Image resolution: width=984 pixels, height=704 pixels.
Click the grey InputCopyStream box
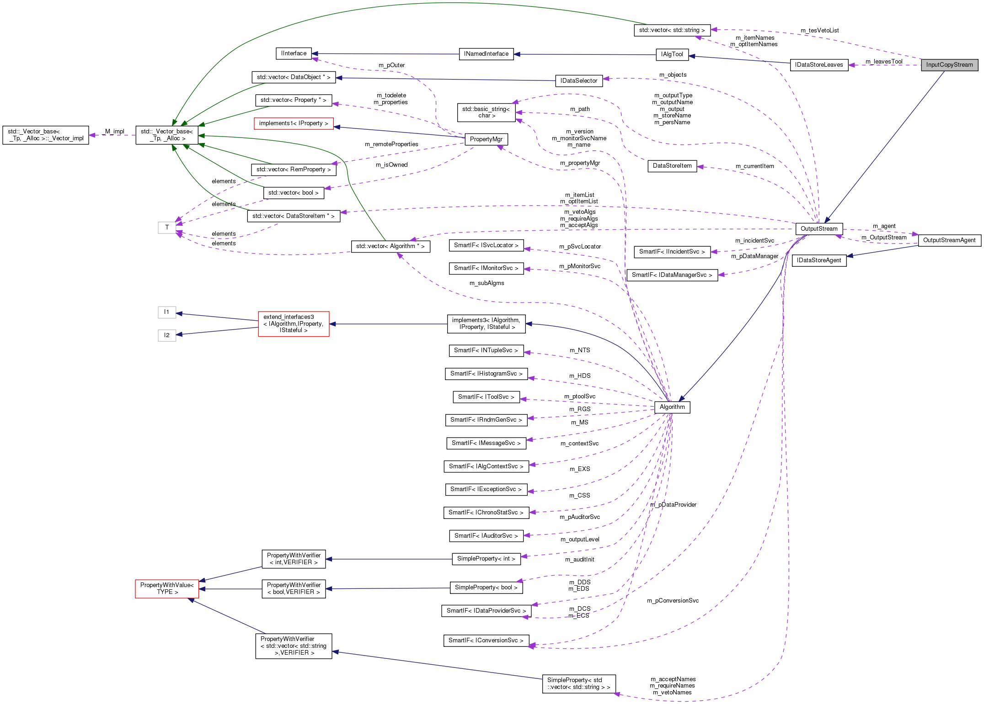click(949, 65)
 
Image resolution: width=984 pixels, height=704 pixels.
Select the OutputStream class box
click(818, 229)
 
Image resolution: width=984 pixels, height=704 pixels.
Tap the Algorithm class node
click(672, 407)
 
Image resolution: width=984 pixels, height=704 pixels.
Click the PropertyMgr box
click(486, 139)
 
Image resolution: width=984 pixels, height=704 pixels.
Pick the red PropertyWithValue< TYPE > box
click(167, 588)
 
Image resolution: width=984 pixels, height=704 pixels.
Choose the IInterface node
click(294, 53)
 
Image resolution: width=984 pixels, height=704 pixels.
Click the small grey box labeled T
click(167, 228)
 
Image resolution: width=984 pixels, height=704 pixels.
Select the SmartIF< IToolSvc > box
click(486, 397)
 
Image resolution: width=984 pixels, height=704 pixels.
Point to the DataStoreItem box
click(672, 166)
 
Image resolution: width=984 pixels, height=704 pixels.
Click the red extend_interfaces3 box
click(293, 323)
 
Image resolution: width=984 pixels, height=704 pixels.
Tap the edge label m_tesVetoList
click(819, 31)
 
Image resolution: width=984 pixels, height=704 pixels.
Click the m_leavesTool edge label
click(883, 62)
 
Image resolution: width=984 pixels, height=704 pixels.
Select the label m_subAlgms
click(487, 283)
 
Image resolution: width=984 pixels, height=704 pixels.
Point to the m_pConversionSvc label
click(672, 601)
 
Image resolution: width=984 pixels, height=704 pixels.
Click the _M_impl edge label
click(113, 132)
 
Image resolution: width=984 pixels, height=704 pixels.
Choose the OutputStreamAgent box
click(949, 240)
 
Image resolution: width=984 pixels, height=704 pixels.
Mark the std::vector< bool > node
click(293, 193)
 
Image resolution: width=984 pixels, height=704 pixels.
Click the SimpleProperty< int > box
click(486, 559)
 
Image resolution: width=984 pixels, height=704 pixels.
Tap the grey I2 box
click(167, 335)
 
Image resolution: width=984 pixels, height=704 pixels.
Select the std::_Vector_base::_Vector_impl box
click(46, 135)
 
